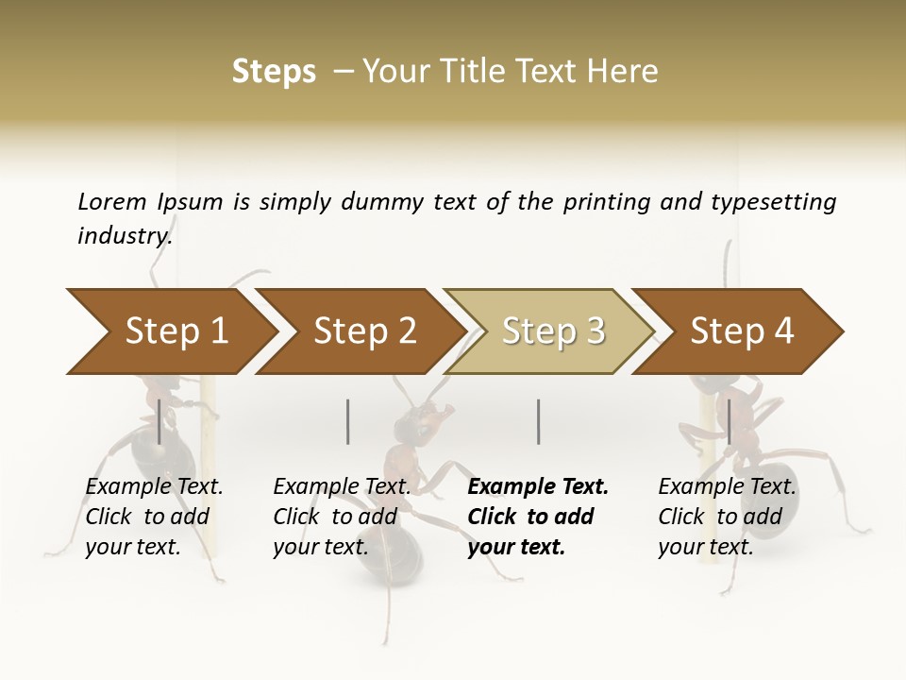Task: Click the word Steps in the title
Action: point(274,72)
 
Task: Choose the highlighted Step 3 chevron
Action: point(553,331)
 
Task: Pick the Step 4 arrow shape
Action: point(742,331)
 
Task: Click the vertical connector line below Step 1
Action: point(159,421)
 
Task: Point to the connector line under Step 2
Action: point(348,421)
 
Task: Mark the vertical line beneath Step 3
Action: point(538,421)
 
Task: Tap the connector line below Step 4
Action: point(730,421)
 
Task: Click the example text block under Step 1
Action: point(154,517)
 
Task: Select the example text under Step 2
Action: point(342,517)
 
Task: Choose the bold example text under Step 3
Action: point(538,517)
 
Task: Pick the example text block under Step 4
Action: point(727,517)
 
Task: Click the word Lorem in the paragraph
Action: point(112,201)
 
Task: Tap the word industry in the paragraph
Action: point(125,235)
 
